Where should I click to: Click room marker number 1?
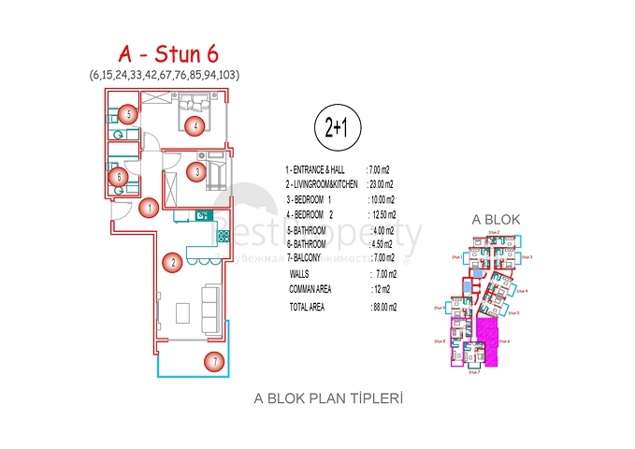tap(147, 208)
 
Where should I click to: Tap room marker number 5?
tap(128, 114)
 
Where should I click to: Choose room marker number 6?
tap(117, 175)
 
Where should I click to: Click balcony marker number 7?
tap(214, 361)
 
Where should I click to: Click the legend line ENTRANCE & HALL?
tap(317, 169)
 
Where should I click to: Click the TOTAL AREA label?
tap(307, 306)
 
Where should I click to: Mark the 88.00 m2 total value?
tap(384, 306)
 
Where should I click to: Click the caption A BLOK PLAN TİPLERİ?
tap(328, 398)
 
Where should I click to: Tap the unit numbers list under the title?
tap(170, 73)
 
